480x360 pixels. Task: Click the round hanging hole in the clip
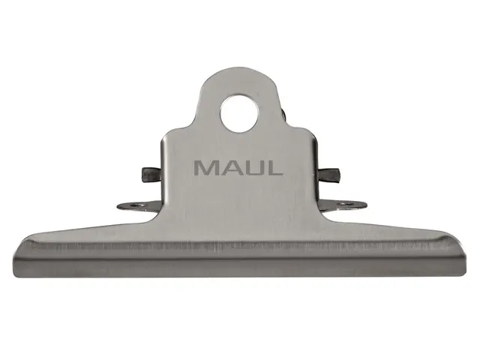239,112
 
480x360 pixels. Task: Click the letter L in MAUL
274,167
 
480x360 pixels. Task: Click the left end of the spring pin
145,175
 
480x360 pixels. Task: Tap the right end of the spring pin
335,176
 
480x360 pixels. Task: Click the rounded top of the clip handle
239,71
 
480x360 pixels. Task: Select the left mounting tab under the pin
139,205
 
